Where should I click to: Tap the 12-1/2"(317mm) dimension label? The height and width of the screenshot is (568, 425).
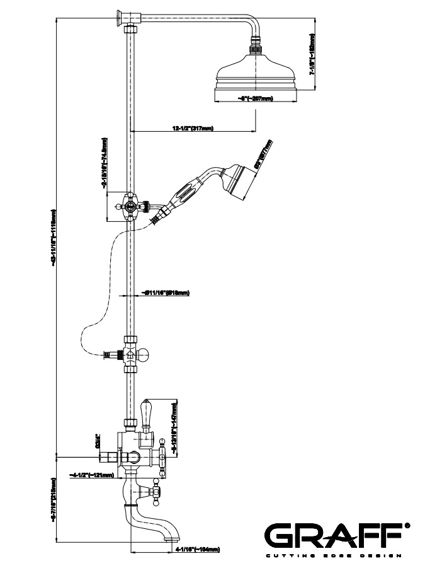(x=193, y=129)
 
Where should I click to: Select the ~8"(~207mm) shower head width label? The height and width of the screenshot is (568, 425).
(x=256, y=98)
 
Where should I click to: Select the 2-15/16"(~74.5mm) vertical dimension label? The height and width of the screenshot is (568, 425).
(x=103, y=165)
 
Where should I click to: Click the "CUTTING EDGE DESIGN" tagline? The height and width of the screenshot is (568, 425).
(x=334, y=555)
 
